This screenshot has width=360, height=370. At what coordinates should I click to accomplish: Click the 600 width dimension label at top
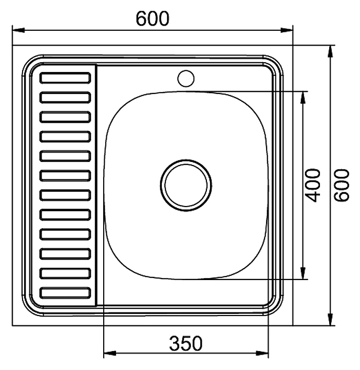(x=153, y=18)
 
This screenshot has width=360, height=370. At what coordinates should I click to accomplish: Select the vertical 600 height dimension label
(x=342, y=185)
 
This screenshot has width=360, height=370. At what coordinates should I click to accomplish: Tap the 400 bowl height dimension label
(x=313, y=185)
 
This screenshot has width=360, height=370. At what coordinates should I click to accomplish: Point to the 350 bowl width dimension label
(x=186, y=343)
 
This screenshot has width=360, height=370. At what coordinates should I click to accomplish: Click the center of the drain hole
(x=186, y=185)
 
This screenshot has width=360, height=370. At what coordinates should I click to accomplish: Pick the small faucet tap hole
(x=186, y=78)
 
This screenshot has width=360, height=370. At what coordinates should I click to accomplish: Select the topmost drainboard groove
(x=65, y=78)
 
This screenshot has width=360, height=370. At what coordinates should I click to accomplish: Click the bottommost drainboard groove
(x=65, y=293)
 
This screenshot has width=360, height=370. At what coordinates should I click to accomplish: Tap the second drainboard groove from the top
(x=65, y=98)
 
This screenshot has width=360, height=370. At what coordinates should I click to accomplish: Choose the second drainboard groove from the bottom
(x=65, y=273)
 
